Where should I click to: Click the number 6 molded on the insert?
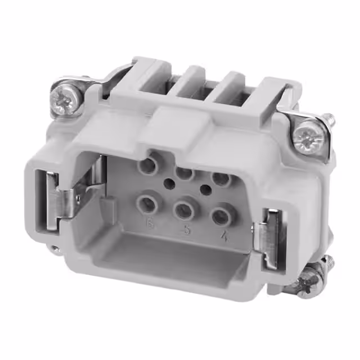click(x=150, y=226)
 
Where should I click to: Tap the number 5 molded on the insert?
click(x=186, y=231)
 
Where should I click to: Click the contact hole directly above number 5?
click(x=184, y=210)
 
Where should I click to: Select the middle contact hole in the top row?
click(x=185, y=173)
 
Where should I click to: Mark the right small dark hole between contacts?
click(x=206, y=190)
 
